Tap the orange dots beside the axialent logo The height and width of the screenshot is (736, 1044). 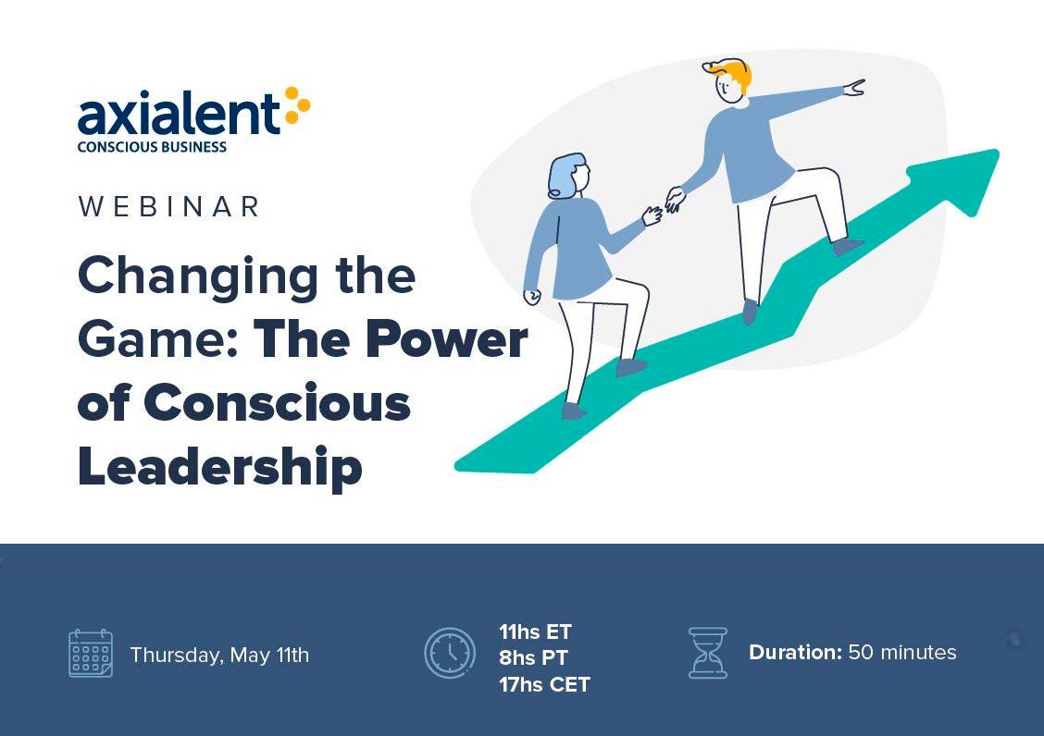coord(297,105)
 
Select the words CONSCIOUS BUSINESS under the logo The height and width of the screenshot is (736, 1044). coord(152,147)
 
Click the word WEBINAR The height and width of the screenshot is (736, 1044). coord(168,206)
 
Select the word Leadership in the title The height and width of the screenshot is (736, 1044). coord(220,468)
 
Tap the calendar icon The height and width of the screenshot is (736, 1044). coord(91,654)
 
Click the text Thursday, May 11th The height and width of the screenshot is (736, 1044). coord(219,655)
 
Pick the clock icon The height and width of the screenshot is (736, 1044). coord(450,653)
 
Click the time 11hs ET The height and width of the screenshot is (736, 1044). coord(535,632)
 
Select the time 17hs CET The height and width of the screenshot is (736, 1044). coord(544,684)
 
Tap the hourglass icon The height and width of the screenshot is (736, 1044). coord(708,653)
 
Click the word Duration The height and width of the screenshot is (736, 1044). coord(796,652)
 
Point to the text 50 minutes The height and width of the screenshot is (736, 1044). coord(902,652)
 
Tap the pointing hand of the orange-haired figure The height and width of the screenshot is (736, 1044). coord(854,87)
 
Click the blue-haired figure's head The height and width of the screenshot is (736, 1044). coord(568,177)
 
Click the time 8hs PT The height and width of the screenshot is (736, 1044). coord(533,657)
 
